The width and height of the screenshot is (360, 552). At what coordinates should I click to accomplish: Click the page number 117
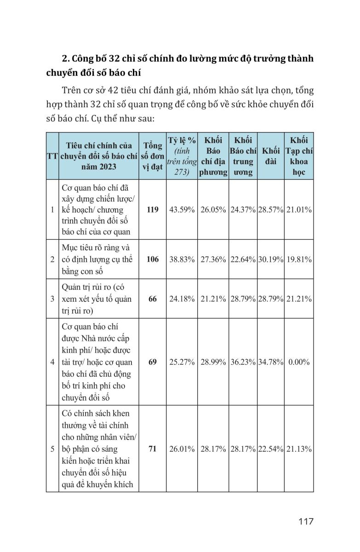click(305, 522)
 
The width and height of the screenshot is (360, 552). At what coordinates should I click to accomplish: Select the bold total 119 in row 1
click(153, 209)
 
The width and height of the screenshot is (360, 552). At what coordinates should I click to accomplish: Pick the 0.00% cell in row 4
click(299, 362)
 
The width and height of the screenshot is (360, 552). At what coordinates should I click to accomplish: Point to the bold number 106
click(153, 259)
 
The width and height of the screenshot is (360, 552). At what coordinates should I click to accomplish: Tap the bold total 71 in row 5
click(153, 449)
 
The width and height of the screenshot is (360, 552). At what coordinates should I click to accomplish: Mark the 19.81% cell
click(299, 259)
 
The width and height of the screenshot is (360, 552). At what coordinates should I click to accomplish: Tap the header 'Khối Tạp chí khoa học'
click(299, 156)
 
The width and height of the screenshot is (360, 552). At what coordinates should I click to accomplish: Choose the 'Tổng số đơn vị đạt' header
click(153, 156)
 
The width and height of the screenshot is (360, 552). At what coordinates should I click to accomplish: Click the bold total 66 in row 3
click(153, 299)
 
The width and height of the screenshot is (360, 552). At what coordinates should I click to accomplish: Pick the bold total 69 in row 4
click(153, 362)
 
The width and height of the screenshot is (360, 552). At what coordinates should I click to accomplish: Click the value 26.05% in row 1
click(213, 209)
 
